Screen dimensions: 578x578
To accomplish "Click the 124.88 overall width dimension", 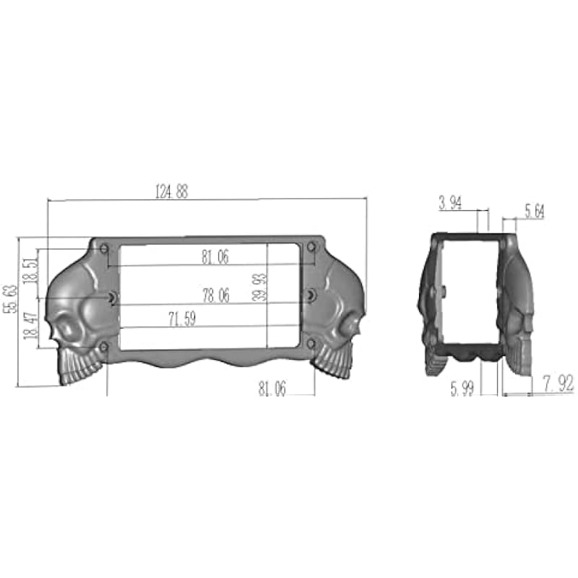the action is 172,191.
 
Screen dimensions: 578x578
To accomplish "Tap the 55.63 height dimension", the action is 10,299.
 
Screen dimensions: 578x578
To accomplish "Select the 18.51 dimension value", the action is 30,270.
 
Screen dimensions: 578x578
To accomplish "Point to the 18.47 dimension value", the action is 30,326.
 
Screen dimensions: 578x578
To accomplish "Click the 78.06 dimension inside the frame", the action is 216,296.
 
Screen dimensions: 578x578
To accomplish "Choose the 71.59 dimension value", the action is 182,319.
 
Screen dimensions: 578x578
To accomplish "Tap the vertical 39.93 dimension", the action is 259,288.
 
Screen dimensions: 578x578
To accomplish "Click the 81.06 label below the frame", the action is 272,389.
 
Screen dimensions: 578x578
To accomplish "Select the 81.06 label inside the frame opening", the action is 215,257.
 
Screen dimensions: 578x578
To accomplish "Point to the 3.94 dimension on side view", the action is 450,203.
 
